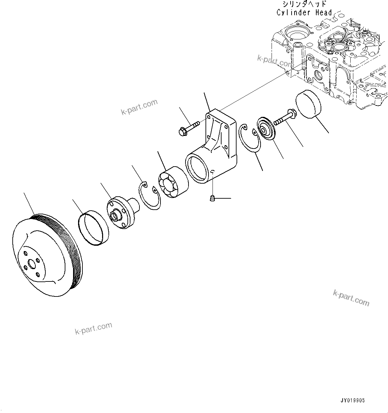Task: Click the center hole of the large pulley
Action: [31, 263]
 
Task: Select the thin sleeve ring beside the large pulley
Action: [94, 228]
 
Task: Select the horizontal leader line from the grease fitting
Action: [223, 198]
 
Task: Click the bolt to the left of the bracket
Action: [189, 129]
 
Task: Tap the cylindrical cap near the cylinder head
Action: [308, 104]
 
